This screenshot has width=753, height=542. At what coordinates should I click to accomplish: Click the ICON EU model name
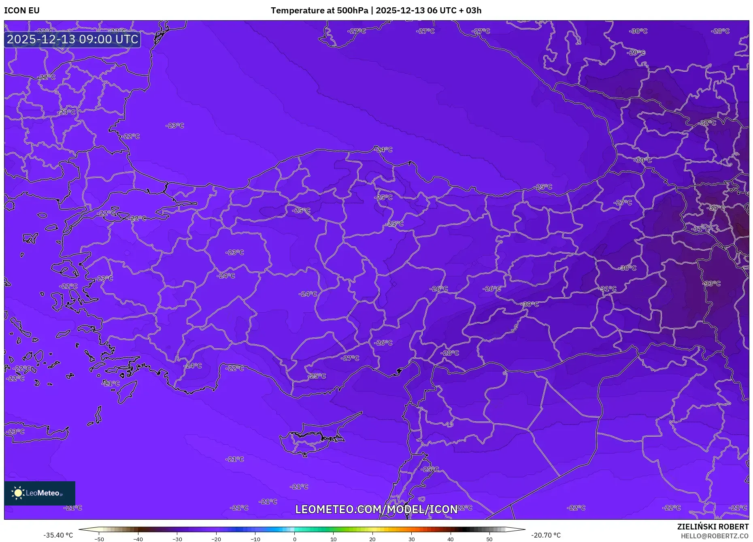(x=22, y=11)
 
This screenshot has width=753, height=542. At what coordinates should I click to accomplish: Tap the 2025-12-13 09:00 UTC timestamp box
(x=72, y=39)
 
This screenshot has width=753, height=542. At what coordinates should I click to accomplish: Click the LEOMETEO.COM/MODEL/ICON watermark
(x=376, y=509)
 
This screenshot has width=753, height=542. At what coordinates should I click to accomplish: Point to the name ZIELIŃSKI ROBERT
(x=713, y=527)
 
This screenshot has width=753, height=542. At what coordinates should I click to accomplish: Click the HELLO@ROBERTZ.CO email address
(x=714, y=536)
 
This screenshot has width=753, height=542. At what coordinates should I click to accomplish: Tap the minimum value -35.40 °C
(x=58, y=535)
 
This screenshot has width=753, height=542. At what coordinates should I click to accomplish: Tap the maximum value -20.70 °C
(x=546, y=535)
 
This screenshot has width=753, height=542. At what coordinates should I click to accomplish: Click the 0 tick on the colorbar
(x=294, y=539)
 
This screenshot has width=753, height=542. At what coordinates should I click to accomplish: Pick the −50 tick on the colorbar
(x=99, y=539)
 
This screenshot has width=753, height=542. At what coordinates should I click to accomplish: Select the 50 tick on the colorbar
(x=489, y=539)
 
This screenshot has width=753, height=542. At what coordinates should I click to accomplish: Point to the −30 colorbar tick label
(x=177, y=539)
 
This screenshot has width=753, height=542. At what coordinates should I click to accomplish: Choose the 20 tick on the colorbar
(x=372, y=539)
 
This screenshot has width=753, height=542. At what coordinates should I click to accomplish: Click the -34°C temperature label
(x=716, y=208)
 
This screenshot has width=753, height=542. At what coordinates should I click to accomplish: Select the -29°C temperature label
(x=636, y=53)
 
